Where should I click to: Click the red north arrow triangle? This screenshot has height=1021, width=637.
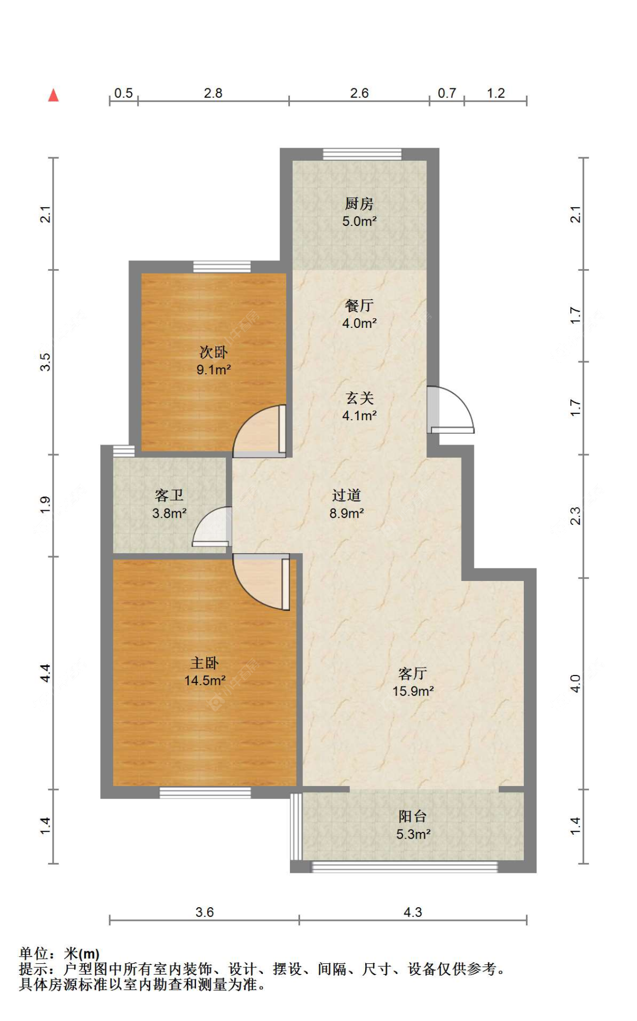pos(53,95)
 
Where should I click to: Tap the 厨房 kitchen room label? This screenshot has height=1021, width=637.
pos(359,203)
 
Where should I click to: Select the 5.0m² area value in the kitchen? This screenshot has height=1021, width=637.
pos(359,221)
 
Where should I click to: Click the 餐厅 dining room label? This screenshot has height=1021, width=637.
pos(359,306)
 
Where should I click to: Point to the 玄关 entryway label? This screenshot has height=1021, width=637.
pos(359,398)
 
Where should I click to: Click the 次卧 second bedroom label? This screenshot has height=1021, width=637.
pos(213,352)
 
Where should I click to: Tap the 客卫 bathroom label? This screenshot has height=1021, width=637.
pos(169,495)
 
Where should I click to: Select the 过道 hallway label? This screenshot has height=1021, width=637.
pos(346,495)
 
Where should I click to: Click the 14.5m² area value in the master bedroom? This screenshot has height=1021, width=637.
pos(204,681)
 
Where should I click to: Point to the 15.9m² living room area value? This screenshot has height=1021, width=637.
pos(413,691)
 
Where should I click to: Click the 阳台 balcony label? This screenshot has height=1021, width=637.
pos(412,816)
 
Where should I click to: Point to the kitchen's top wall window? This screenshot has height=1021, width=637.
pos(362,153)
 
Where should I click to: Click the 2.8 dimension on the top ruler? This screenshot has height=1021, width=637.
pos(213,93)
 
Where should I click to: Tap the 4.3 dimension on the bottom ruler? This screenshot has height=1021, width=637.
pos(412,912)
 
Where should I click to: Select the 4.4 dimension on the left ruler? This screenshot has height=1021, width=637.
pos(45,673)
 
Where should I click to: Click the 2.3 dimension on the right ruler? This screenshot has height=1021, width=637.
pos(575,516)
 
